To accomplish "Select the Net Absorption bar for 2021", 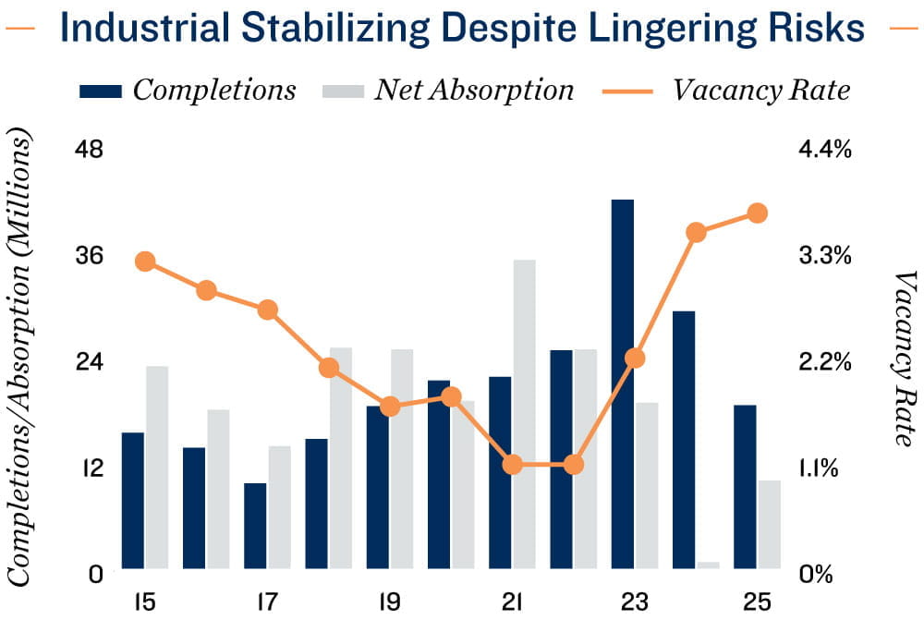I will pyautogui.click(x=524, y=414).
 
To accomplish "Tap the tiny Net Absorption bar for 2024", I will pyautogui.click(x=708, y=565).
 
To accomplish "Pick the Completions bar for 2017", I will pyautogui.click(x=255, y=526).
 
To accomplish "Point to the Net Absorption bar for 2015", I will pyautogui.click(x=157, y=467).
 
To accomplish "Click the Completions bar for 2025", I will pyautogui.click(x=745, y=487).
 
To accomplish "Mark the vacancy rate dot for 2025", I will pyautogui.click(x=758, y=213).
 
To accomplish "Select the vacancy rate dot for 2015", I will pyautogui.click(x=144, y=261).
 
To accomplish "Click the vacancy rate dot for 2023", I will pyautogui.click(x=635, y=359).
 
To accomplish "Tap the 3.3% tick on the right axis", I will pyautogui.click(x=824, y=256).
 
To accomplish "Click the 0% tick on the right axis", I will pyautogui.click(x=818, y=574).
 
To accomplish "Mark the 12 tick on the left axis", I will pyautogui.click(x=94, y=468).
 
